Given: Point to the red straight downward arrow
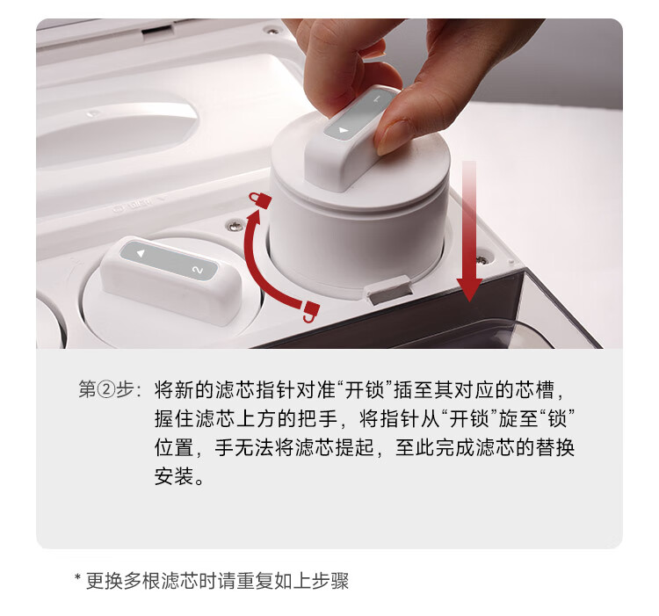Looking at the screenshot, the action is tap(469, 231).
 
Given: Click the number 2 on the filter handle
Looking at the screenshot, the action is tap(197, 270).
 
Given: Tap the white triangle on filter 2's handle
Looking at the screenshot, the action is tap(141, 253).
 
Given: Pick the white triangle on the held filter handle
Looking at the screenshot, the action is tap(344, 131).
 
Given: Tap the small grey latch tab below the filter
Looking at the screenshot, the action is tap(388, 290).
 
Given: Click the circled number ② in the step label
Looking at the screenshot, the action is tap(106, 390).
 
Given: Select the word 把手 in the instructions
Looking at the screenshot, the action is tap(318, 418).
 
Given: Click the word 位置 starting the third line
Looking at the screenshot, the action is tap(174, 447).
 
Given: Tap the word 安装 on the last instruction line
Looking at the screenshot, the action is tap(174, 476).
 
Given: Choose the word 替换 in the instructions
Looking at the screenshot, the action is tap(555, 447).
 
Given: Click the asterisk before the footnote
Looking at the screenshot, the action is tap(77, 577).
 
